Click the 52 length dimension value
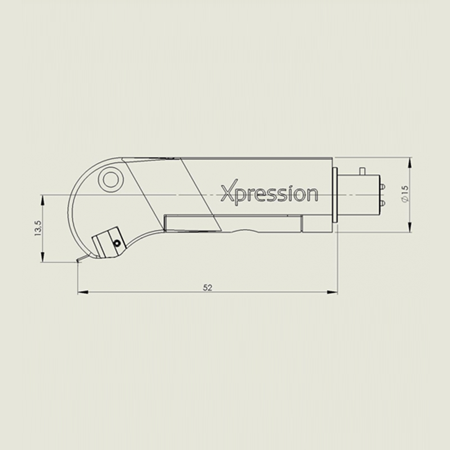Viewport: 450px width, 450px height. pos(207,287)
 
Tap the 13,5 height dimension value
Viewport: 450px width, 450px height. pos(38,228)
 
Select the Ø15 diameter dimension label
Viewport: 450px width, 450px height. pos(405,194)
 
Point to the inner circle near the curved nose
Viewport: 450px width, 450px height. pos(111,180)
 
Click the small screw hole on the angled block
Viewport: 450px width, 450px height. pos(117,243)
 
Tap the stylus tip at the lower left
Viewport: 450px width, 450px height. pos(78,261)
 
